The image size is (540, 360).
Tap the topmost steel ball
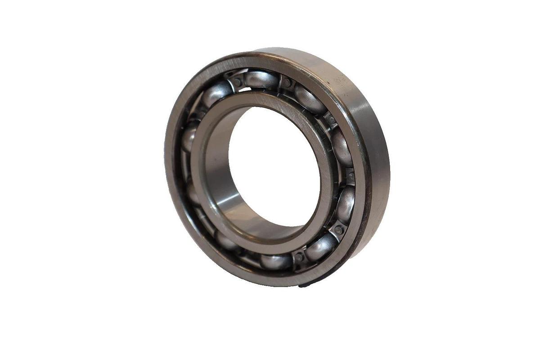[261, 80]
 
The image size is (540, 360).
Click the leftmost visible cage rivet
[237, 82]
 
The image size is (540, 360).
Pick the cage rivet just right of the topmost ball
[287, 83]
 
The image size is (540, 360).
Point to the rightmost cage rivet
[350, 176]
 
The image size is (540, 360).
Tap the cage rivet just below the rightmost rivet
[338, 230]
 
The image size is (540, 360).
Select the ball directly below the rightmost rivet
[346, 205]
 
